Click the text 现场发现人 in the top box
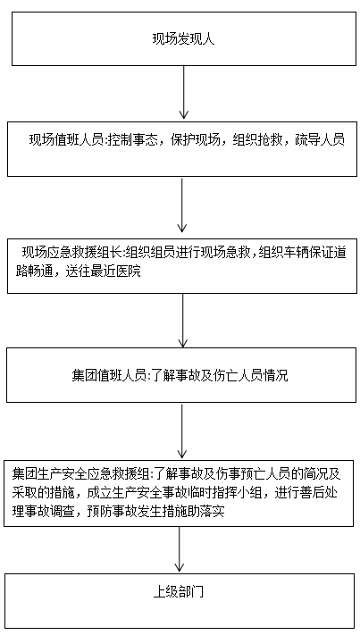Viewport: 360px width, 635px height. click(x=183, y=39)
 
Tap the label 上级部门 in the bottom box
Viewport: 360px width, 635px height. click(x=178, y=592)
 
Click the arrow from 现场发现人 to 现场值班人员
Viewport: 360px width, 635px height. click(x=184, y=92)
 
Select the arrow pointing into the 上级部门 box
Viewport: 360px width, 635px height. click(x=179, y=549)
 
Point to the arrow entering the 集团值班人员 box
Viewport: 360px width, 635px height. click(x=183, y=321)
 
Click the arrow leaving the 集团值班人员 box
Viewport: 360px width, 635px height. click(x=182, y=430)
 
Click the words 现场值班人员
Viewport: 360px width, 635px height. click(x=66, y=140)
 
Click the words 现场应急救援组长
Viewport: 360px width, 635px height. click(x=71, y=253)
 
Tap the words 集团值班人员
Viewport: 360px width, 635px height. click(x=108, y=375)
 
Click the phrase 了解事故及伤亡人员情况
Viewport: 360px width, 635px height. click(x=220, y=375)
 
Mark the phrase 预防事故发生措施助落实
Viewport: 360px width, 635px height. click(x=155, y=511)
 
